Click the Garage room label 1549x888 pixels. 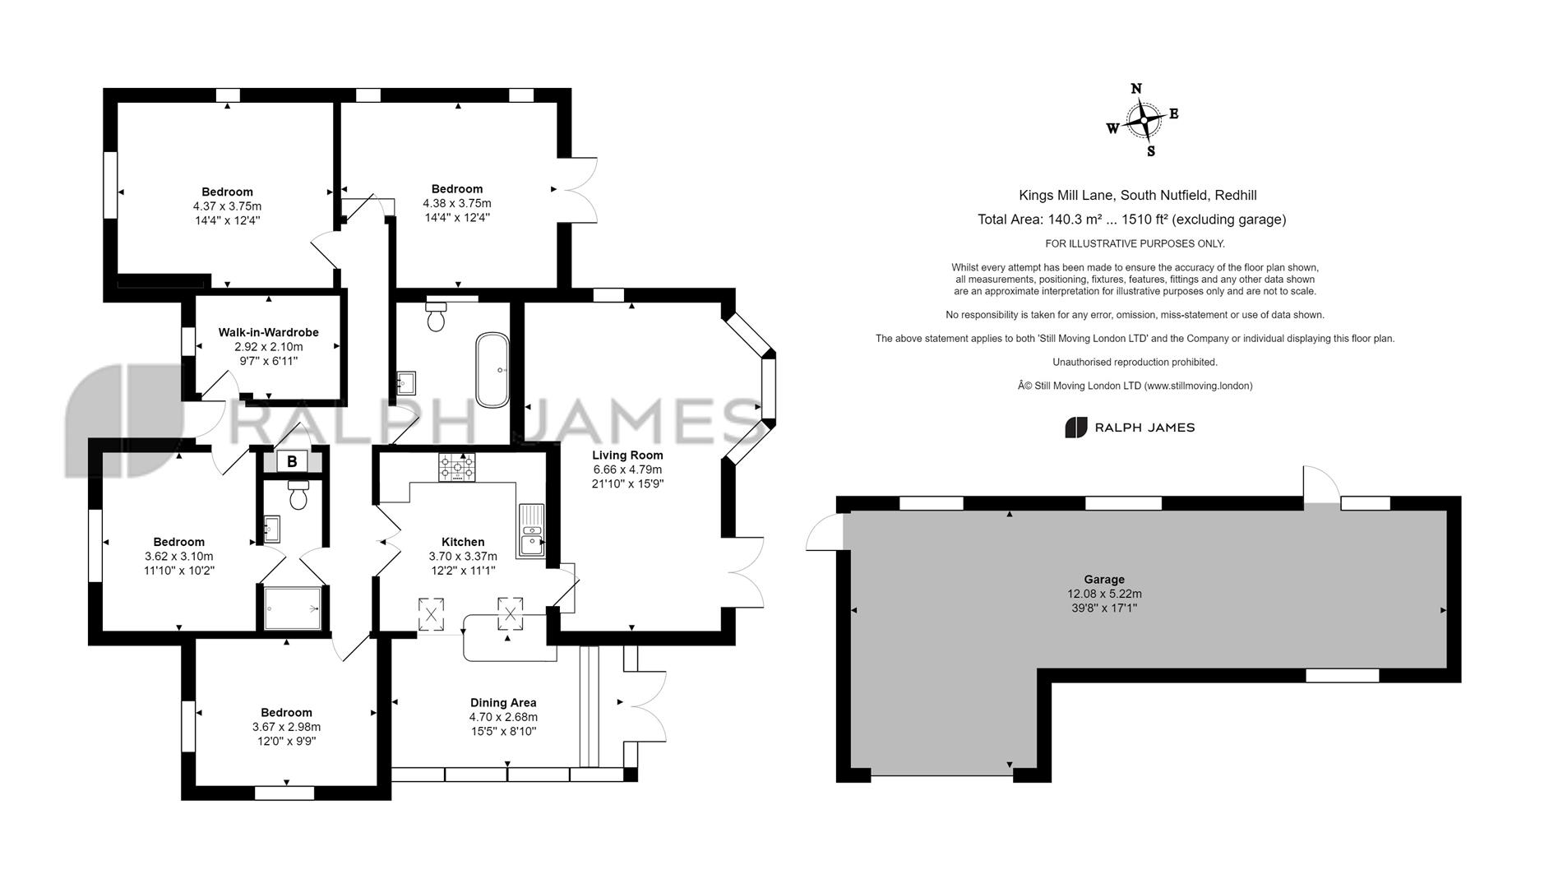point(1103,579)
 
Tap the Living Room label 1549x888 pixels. point(627,455)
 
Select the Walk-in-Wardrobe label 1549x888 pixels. point(268,332)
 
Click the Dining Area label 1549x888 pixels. point(503,702)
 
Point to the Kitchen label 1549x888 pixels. point(463,541)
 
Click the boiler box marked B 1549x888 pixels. point(292,461)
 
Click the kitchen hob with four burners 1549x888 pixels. point(456,468)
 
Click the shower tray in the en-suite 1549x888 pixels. point(293,608)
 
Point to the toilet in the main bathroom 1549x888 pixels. point(436,317)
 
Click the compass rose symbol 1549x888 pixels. point(1143,121)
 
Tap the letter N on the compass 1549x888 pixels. point(1136,89)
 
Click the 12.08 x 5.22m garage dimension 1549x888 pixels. point(1104,594)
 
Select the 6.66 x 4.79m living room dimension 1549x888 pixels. point(627,469)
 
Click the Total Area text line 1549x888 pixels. point(1131,220)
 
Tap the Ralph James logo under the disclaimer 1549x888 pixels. point(1130,428)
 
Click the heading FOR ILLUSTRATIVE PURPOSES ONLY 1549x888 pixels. point(1135,243)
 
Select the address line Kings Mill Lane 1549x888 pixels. point(1137,195)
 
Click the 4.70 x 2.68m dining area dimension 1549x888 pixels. point(503,717)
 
